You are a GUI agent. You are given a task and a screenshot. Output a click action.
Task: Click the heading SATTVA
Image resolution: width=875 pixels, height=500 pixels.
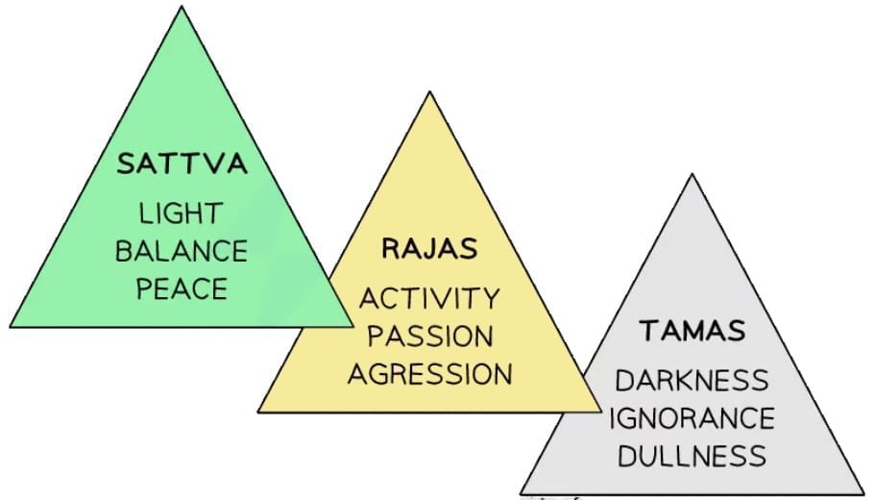[x=182, y=163]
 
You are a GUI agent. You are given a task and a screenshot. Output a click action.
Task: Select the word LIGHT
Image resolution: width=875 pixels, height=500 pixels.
[x=182, y=213]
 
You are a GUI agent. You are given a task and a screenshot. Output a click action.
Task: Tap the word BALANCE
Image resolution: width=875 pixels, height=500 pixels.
[x=182, y=251]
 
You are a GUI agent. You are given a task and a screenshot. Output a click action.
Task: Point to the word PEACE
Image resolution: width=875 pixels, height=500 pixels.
[x=182, y=287]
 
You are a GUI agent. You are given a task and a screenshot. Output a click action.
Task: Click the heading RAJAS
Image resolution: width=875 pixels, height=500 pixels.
[x=429, y=249]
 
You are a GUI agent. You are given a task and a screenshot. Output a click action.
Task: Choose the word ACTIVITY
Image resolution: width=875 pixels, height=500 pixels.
[x=429, y=298]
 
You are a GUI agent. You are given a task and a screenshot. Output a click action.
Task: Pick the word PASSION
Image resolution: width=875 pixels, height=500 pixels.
[x=429, y=336]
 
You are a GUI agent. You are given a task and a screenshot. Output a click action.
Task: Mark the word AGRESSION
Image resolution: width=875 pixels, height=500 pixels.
[x=429, y=373]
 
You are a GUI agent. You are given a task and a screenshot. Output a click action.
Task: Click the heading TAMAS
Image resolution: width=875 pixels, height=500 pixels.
[x=693, y=331]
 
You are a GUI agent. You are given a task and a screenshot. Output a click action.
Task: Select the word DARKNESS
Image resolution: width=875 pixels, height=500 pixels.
[x=693, y=380]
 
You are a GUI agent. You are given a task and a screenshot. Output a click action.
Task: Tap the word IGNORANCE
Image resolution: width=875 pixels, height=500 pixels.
[x=693, y=418]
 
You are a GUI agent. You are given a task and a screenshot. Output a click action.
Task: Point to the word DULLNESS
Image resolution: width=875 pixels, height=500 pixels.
[x=693, y=456]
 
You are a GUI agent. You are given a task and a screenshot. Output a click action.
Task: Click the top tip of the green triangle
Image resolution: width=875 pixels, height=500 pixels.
[x=182, y=8]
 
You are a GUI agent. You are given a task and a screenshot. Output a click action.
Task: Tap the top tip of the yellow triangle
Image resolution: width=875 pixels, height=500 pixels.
[x=429, y=93]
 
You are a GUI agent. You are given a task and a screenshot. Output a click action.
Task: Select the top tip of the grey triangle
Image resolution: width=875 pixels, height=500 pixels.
[x=692, y=175]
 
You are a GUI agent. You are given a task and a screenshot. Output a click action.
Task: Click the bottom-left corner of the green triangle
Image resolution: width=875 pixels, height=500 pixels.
[x=11, y=326]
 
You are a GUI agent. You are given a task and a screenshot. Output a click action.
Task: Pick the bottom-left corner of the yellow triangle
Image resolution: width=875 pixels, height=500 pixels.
[x=258, y=412]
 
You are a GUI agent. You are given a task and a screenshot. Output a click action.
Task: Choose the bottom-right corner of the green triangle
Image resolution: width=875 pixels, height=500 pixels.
[x=352, y=326]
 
